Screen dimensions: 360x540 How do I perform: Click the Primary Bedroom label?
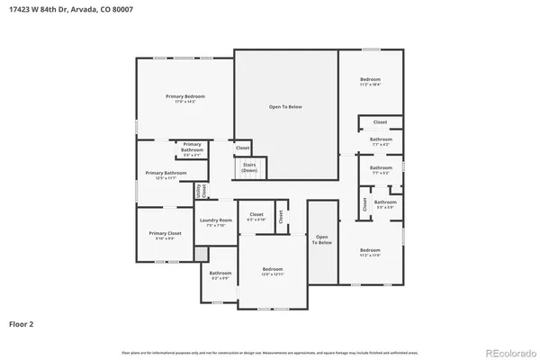[x=185, y=98]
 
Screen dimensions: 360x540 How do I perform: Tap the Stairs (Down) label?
[x=249, y=167]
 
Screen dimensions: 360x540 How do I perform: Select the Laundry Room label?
[x=216, y=222]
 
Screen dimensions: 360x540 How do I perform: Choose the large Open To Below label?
[x=285, y=107]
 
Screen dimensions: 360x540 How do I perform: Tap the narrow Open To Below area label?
[x=322, y=239]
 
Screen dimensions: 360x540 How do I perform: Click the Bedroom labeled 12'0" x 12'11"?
[x=273, y=271]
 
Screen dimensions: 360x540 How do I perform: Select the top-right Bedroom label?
[x=371, y=82]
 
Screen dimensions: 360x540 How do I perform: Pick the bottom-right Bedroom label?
[x=371, y=252]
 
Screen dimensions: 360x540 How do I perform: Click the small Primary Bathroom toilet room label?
[x=193, y=149]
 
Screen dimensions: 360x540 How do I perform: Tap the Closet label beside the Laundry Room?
[x=256, y=216]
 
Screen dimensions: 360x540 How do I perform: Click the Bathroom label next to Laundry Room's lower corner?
[x=220, y=275]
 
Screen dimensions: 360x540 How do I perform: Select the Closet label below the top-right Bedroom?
[x=381, y=121]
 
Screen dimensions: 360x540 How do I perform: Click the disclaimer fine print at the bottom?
[x=270, y=351]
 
